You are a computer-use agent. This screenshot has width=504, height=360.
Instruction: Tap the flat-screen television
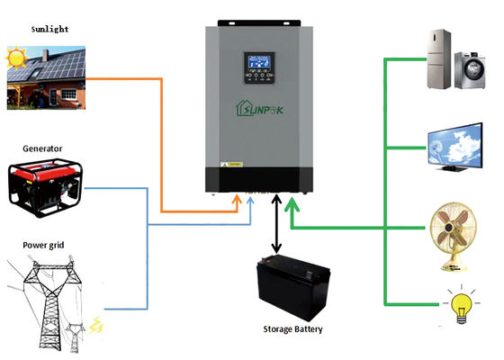coord(452,146)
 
